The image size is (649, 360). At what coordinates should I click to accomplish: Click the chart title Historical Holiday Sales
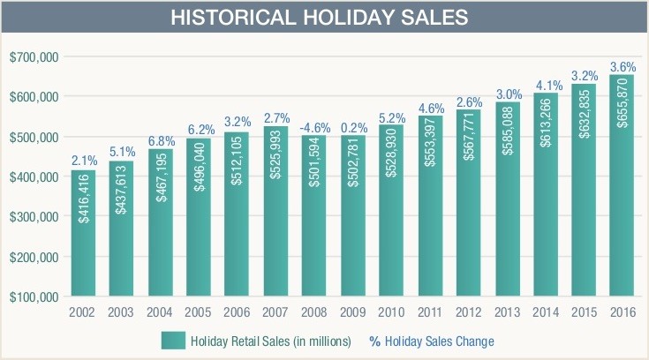tap(324, 17)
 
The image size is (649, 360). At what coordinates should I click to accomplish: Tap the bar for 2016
tap(621, 185)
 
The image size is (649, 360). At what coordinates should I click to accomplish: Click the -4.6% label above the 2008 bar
tap(315, 124)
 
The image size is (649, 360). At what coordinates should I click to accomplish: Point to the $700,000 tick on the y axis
tap(34, 57)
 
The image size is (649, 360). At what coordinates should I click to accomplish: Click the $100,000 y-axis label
tap(34, 296)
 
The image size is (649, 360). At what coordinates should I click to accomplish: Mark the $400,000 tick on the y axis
tap(34, 176)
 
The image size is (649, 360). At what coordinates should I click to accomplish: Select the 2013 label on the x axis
tap(507, 313)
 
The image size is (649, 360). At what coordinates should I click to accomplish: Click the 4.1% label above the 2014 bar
tap(545, 86)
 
